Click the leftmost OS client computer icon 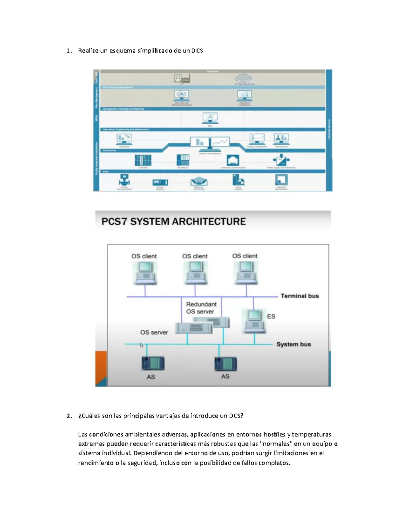tap(145, 273)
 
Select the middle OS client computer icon tap(195, 273)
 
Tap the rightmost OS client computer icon tap(246, 273)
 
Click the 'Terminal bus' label tap(300, 296)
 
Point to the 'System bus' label tap(293, 344)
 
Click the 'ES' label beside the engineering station tap(271, 316)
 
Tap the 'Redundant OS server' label tap(201, 308)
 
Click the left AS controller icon tap(153, 364)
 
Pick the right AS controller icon tap(226, 364)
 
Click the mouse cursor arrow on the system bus tap(142, 345)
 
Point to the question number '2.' tap(69, 416)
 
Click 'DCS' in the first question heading tap(197, 51)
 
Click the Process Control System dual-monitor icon tap(210, 143)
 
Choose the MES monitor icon tap(210, 118)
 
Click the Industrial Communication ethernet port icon tap(233, 160)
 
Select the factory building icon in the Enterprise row tap(182, 78)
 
